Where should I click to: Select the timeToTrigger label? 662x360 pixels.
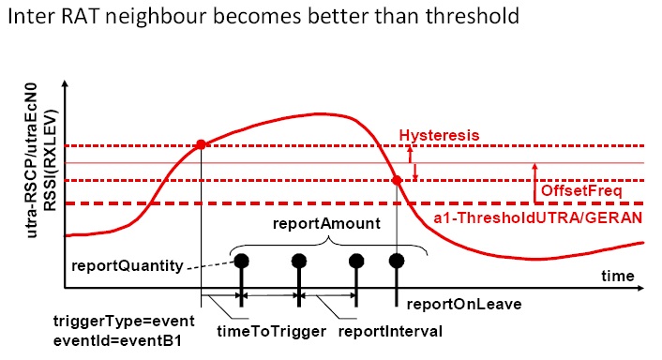[259, 332]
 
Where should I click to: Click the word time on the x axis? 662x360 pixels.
[617, 277]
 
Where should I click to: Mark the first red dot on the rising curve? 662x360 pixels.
[202, 144]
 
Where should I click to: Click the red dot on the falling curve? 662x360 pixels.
[397, 180]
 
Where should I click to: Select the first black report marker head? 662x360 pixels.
[242, 261]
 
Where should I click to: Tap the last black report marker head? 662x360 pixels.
[397, 261]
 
